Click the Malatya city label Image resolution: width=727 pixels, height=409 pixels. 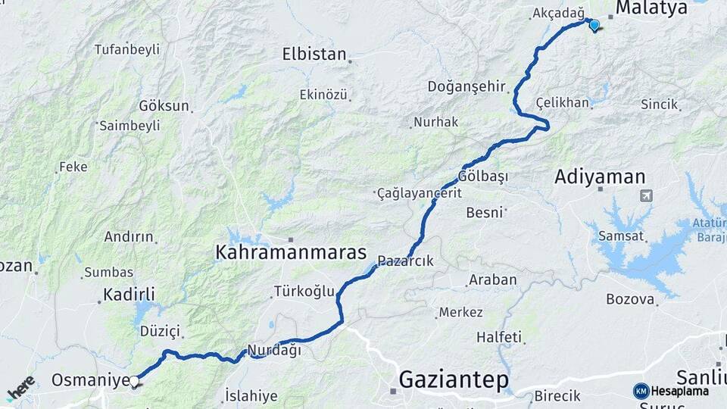651,8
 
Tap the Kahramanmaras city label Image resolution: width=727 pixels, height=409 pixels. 291,252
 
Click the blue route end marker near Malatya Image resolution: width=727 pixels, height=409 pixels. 594,25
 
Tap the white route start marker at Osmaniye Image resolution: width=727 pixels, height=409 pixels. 134,382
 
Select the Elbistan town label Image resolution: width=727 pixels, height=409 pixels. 314,55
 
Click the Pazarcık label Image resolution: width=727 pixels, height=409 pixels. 405,261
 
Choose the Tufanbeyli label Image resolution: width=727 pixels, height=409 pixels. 127,49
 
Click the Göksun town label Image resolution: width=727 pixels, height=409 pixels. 164,106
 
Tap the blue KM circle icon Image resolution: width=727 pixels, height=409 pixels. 641,391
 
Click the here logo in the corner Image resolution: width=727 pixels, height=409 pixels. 21,387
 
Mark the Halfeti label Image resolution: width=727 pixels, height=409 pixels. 499,336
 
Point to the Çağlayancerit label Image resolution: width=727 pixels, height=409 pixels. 419,193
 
